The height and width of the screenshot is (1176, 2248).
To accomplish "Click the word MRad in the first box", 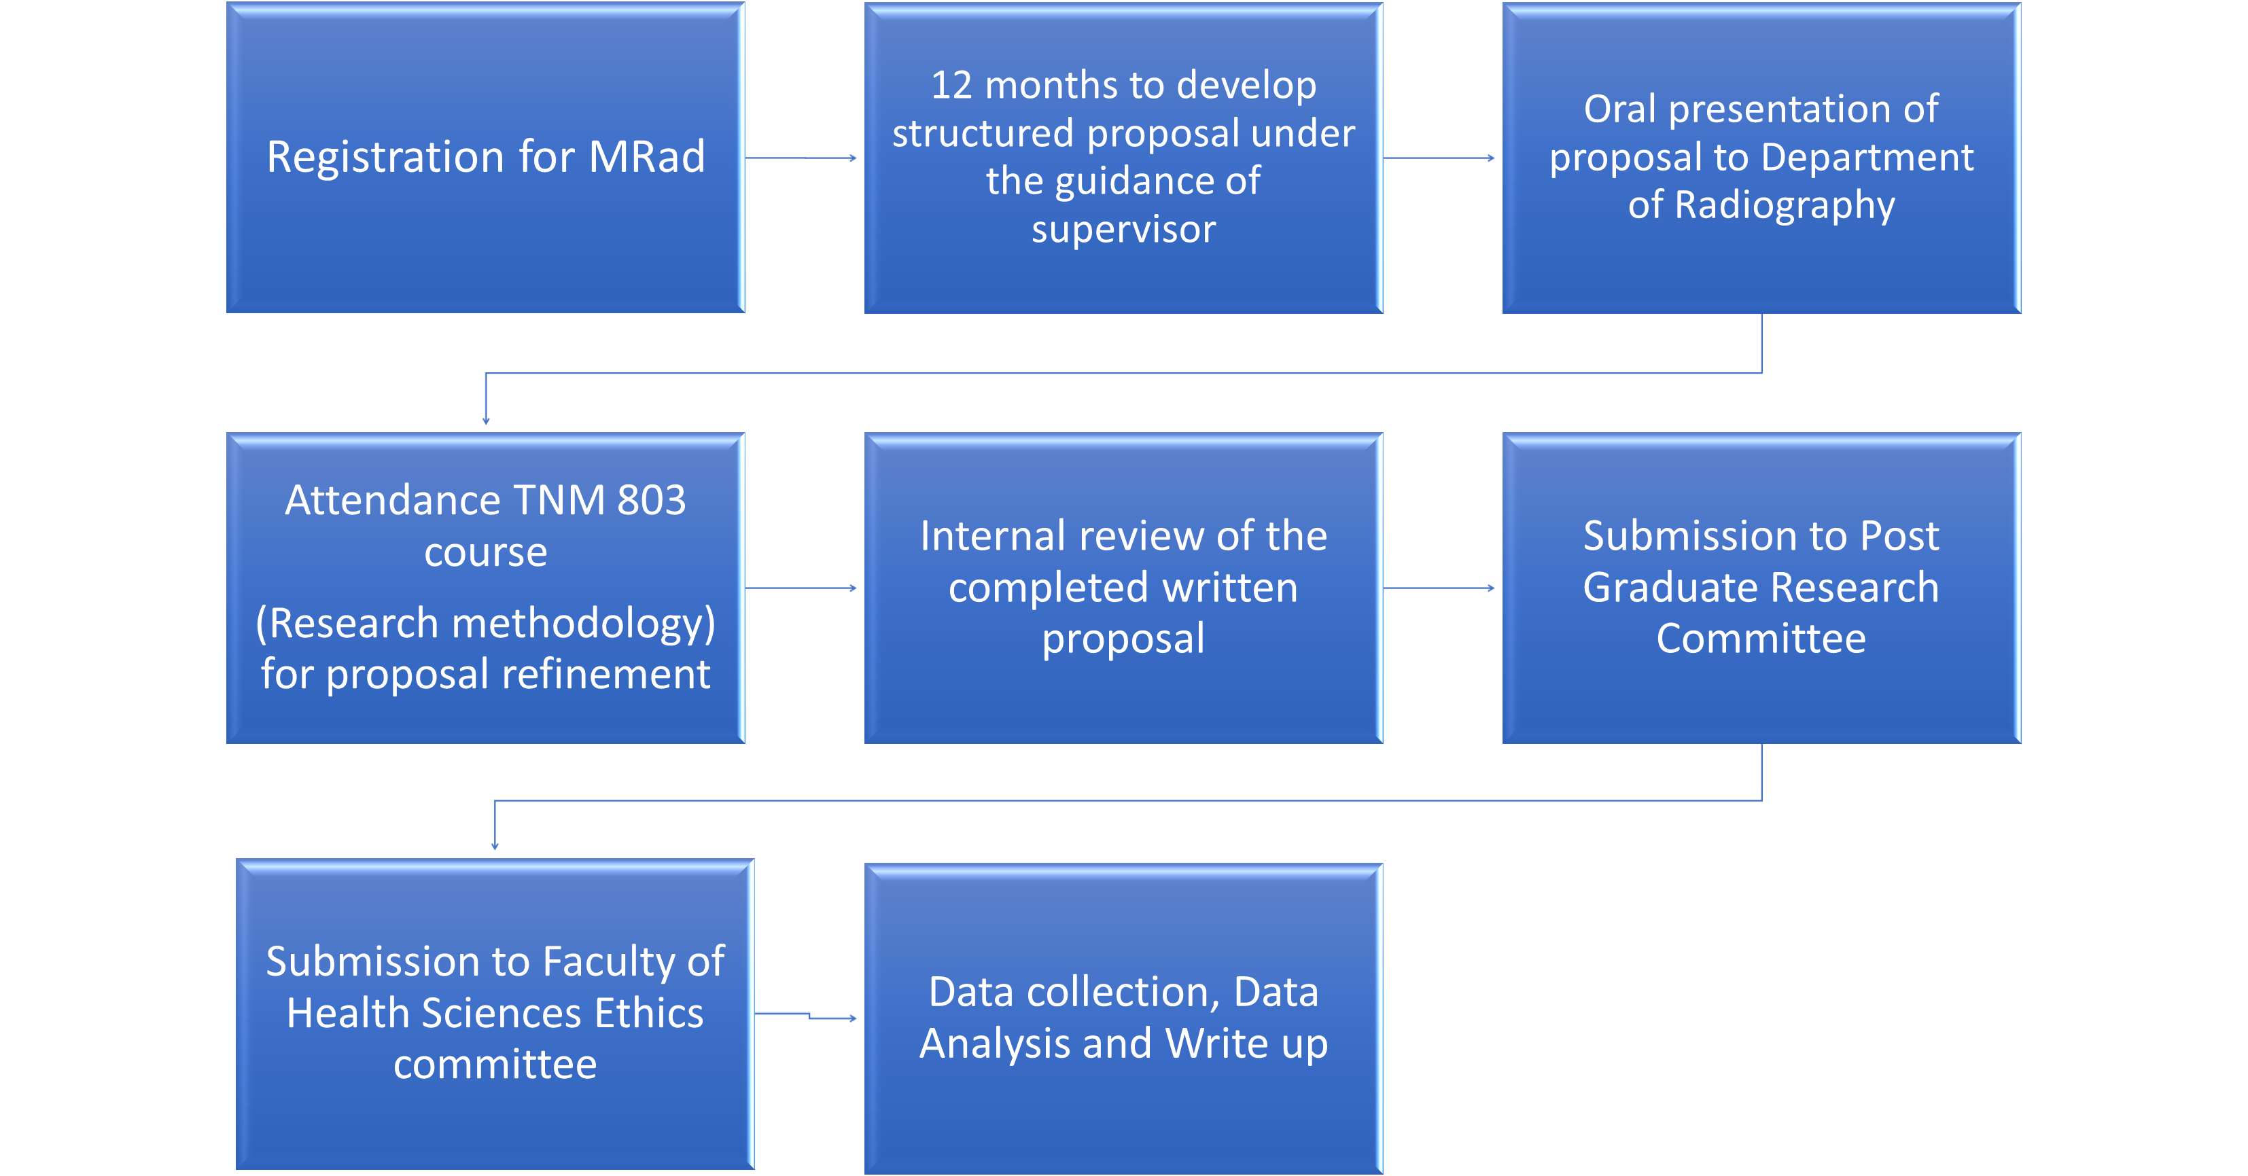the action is tap(647, 157).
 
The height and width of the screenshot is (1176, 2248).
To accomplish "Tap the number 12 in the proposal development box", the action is tap(951, 86).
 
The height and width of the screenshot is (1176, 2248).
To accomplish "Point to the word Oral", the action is tap(1619, 109).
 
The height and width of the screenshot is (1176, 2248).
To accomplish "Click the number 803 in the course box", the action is tap(651, 501).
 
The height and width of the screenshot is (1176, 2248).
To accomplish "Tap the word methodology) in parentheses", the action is tap(583, 624).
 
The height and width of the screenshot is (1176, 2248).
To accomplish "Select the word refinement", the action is tap(605, 675).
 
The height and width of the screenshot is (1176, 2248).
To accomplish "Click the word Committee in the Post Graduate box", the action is tap(1761, 639).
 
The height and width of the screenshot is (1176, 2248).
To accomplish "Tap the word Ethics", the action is tap(648, 1014).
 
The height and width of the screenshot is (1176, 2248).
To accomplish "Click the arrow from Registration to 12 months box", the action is tap(801, 158).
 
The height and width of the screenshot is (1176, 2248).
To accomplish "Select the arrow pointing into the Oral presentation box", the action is tap(1439, 158).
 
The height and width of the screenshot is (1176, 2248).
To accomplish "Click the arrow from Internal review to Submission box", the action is tap(1439, 588).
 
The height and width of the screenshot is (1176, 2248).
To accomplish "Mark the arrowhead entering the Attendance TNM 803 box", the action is tap(486, 421).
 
